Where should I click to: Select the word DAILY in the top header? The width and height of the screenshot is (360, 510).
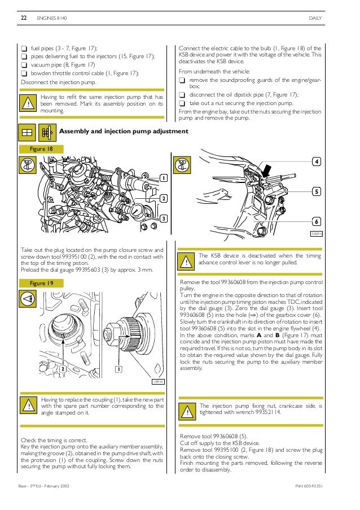[315, 19]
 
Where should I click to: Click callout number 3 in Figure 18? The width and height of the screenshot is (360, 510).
[164, 219]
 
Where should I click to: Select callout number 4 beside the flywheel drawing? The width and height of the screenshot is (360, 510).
[317, 162]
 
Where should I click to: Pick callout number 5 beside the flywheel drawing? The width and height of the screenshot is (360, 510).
[317, 192]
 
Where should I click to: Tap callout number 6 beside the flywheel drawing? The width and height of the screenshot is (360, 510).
[317, 221]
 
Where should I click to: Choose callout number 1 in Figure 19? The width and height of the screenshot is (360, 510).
[120, 369]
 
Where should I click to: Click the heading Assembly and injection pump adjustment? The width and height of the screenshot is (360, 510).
[124, 132]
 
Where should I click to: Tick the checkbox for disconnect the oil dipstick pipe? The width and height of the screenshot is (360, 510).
[182, 95]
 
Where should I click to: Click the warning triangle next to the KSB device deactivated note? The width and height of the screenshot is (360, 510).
[186, 262]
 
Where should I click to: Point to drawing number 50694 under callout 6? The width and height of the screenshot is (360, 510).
[316, 233]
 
